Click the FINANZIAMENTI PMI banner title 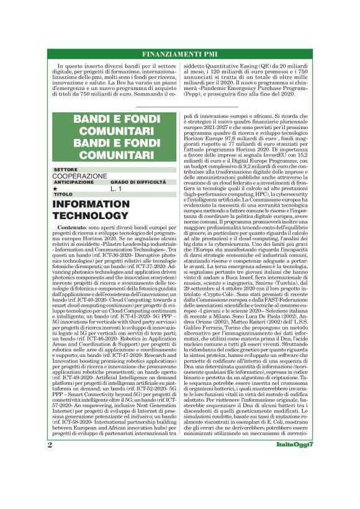[180, 53]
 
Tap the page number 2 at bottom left [50, 480]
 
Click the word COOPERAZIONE [80, 176]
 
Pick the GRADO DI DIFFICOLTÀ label [138, 182]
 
